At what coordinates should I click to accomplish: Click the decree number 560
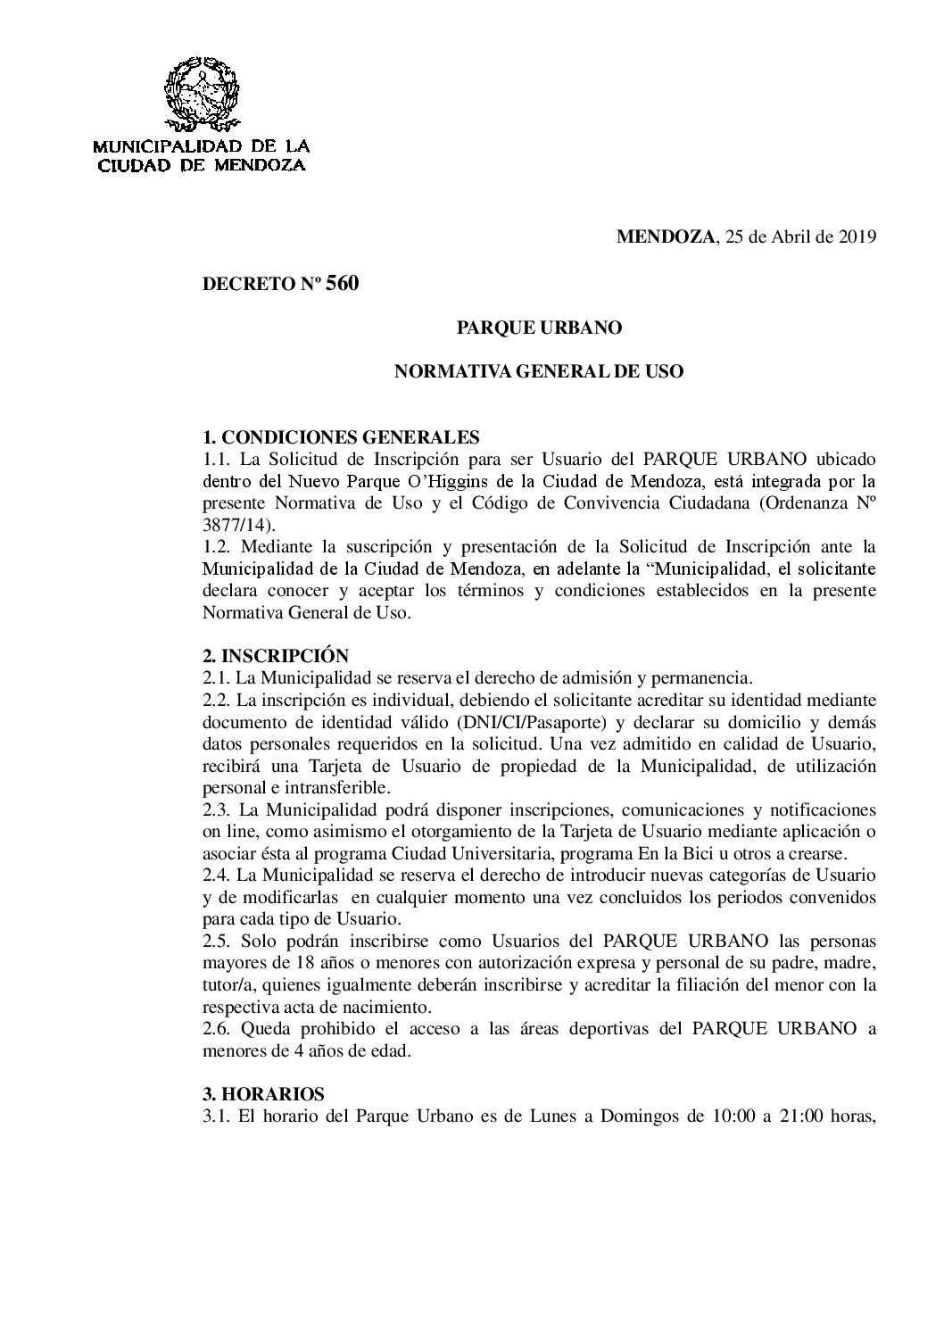tap(343, 285)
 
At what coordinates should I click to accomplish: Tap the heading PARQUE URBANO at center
tap(539, 328)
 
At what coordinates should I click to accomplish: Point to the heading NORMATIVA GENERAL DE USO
tap(539, 371)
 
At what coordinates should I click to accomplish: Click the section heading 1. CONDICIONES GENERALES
tap(342, 437)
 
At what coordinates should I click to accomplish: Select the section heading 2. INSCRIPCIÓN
tap(276, 656)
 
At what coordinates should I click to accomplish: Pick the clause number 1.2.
tap(218, 547)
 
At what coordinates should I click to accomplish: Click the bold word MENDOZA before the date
tap(666, 236)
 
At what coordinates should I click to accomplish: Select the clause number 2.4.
tap(218, 875)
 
